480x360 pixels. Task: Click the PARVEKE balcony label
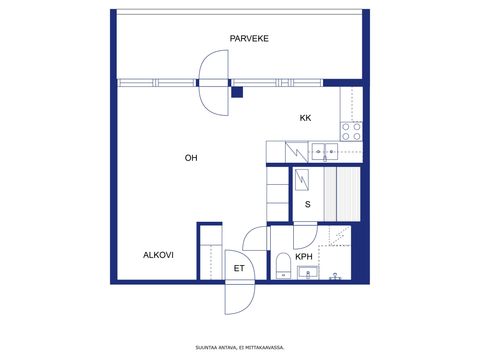pyautogui.click(x=249, y=39)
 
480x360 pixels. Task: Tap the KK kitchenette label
pyautogui.click(x=305, y=118)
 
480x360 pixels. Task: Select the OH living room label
pyautogui.click(x=191, y=158)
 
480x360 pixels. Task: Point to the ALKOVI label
pyautogui.click(x=158, y=255)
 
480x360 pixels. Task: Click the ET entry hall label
pyautogui.click(x=239, y=268)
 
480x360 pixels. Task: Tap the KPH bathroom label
pyautogui.click(x=304, y=257)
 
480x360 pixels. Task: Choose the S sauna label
pyautogui.click(x=308, y=204)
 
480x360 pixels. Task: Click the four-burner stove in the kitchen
pyautogui.click(x=351, y=131)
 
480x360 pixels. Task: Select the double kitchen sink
pyautogui.click(x=325, y=152)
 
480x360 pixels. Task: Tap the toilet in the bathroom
pyautogui.click(x=284, y=266)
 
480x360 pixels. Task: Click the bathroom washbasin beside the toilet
pyautogui.click(x=308, y=273)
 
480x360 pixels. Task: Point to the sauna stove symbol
pyautogui.click(x=302, y=180)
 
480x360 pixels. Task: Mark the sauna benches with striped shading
pyautogui.click(x=342, y=194)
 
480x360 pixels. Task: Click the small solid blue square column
pyautogui.click(x=237, y=92)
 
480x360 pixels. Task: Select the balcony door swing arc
pyautogui.click(x=214, y=83)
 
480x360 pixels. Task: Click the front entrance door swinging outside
pyautogui.click(x=240, y=299)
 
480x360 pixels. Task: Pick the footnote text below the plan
pyautogui.click(x=240, y=348)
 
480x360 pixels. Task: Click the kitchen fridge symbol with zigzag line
pyautogui.click(x=296, y=152)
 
